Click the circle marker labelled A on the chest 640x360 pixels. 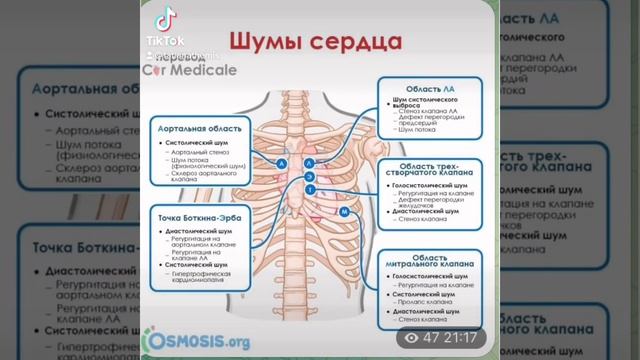[283, 162]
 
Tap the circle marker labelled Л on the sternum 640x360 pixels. [309, 162]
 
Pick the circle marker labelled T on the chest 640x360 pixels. [309, 188]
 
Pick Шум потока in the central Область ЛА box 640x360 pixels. [416, 131]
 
